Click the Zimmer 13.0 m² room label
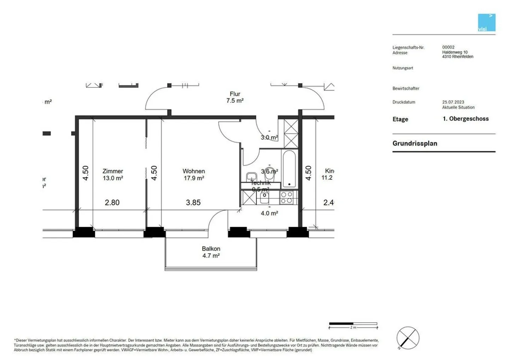click(x=113, y=175)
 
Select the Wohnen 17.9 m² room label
click(x=194, y=175)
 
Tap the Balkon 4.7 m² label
click(x=211, y=252)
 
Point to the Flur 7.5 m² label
click(x=235, y=97)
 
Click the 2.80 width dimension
click(x=112, y=203)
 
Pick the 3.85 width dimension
click(x=193, y=203)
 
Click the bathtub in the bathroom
click(x=289, y=169)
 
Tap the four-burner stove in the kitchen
click(x=286, y=197)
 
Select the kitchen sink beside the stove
click(x=264, y=197)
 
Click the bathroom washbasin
click(x=251, y=176)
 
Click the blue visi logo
click(x=486, y=23)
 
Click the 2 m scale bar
click(x=353, y=324)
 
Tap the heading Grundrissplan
click(x=415, y=144)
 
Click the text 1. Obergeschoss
click(x=466, y=119)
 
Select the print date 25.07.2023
click(x=453, y=102)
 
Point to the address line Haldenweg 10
click(x=455, y=52)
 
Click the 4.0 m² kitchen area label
click(x=269, y=213)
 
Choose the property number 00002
click(x=448, y=47)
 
